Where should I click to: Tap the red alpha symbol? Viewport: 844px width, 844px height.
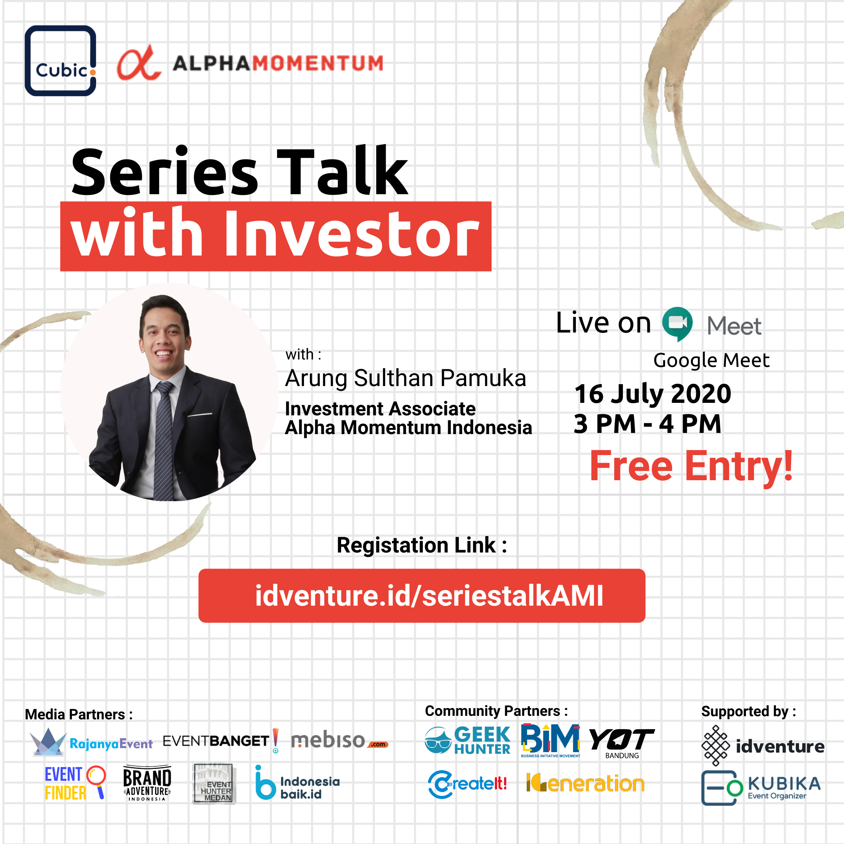139,63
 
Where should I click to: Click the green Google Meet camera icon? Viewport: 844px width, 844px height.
677,324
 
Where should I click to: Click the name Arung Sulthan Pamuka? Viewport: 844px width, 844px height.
406,378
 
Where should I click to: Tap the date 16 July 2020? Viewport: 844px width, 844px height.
653,393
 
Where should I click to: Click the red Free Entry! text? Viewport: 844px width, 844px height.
691,466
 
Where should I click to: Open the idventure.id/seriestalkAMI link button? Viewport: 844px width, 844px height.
422,595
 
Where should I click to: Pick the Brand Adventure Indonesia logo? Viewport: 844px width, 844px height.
147,783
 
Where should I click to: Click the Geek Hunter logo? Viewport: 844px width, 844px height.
467,740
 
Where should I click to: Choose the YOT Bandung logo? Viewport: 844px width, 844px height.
622,743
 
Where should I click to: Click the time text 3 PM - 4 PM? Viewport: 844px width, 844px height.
647,424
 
